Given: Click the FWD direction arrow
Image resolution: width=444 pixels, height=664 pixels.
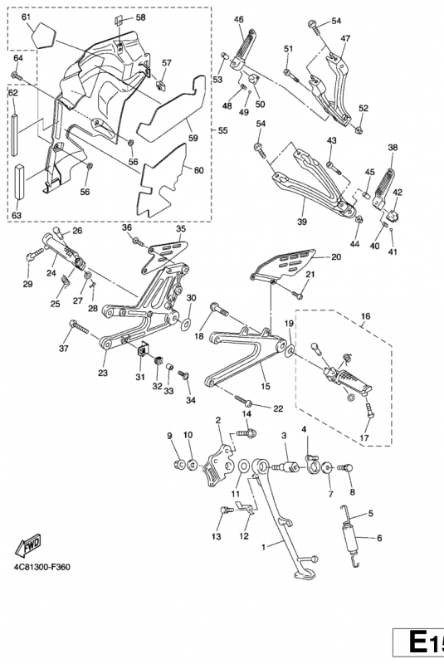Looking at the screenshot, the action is tap(28, 544).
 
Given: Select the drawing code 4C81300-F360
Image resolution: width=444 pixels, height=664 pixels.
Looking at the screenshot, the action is tap(41, 567).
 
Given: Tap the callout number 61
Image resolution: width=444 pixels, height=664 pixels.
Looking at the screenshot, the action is tap(26, 17).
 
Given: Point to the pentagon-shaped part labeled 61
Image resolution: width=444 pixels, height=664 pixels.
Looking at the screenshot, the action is tap(44, 35).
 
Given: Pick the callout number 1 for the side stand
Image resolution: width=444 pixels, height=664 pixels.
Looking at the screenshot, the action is tap(263, 547).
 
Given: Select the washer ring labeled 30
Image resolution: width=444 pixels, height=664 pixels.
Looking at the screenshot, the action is tap(185, 324).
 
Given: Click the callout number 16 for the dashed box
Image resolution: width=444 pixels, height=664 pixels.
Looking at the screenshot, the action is tap(366, 316).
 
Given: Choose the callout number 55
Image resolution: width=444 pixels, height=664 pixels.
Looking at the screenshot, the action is tap(222, 130).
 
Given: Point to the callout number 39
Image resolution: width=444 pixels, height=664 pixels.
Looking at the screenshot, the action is tap(302, 222).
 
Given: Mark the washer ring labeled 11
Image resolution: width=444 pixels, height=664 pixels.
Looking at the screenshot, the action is tap(244, 466).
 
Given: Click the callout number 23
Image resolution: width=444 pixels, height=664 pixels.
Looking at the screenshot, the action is tap(103, 373).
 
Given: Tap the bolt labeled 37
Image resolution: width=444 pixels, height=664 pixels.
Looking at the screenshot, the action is tap(79, 327).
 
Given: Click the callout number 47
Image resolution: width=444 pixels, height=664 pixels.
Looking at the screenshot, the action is tap(345, 38).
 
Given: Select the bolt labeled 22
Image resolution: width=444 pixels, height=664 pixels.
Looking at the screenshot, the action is tap(243, 400).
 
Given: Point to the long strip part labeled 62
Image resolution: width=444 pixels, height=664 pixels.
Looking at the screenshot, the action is tap(15, 134).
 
